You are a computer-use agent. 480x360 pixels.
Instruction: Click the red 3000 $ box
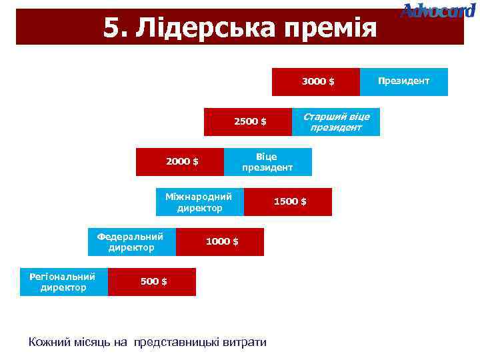(x=316, y=81)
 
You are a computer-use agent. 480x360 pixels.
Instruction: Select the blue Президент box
(x=403, y=81)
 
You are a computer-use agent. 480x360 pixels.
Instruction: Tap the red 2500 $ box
(x=248, y=121)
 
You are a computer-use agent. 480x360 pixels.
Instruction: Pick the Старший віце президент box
(x=335, y=121)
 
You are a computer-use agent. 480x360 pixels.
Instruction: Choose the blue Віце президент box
(x=267, y=161)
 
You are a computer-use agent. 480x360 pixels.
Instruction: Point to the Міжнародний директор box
(x=199, y=202)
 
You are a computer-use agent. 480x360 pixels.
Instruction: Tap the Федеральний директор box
(x=131, y=242)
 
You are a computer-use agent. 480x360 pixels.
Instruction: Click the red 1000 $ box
(x=219, y=242)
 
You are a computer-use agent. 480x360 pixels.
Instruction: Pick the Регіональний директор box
(x=63, y=282)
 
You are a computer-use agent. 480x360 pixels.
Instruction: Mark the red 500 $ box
(x=152, y=282)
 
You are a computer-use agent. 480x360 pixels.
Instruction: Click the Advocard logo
(x=439, y=11)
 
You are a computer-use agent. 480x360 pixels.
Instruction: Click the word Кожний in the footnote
(x=49, y=342)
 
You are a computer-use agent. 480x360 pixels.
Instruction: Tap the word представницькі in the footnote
(x=175, y=342)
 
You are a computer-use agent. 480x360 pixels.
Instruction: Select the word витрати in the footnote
(x=243, y=342)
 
